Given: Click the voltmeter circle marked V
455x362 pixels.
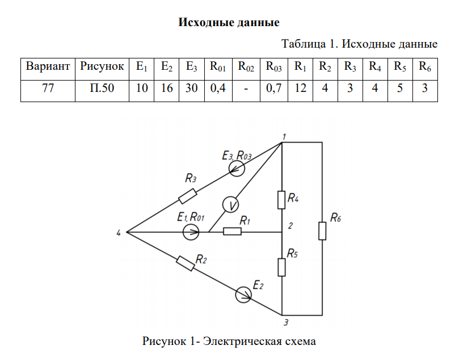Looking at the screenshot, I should pyautogui.click(x=229, y=204).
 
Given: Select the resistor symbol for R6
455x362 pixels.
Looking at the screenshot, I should pyautogui.click(x=322, y=231).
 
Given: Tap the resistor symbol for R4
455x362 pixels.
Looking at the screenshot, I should pyautogui.click(x=282, y=199).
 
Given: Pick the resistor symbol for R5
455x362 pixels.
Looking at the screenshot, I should pyautogui.click(x=282, y=266).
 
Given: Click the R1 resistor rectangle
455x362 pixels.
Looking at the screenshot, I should pyautogui.click(x=233, y=231).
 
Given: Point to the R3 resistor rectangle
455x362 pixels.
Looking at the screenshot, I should pyautogui.click(x=187, y=196).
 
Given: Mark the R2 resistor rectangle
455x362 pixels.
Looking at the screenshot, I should pyautogui.click(x=186, y=263).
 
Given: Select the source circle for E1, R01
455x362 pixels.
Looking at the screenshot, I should pyautogui.click(x=191, y=231).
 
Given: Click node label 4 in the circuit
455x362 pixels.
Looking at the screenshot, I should pyautogui.click(x=119, y=232).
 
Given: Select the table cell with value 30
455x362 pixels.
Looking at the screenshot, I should pyautogui.click(x=191, y=89).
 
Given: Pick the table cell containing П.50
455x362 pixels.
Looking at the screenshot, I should pyautogui.click(x=102, y=89).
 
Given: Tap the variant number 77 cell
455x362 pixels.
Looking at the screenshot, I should pyautogui.click(x=48, y=89).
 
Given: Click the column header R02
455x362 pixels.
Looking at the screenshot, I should pyautogui.click(x=246, y=66).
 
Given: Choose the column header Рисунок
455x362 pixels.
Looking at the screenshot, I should pyautogui.click(x=102, y=66).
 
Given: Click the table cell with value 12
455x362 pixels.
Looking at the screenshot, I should pyautogui.click(x=300, y=89).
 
